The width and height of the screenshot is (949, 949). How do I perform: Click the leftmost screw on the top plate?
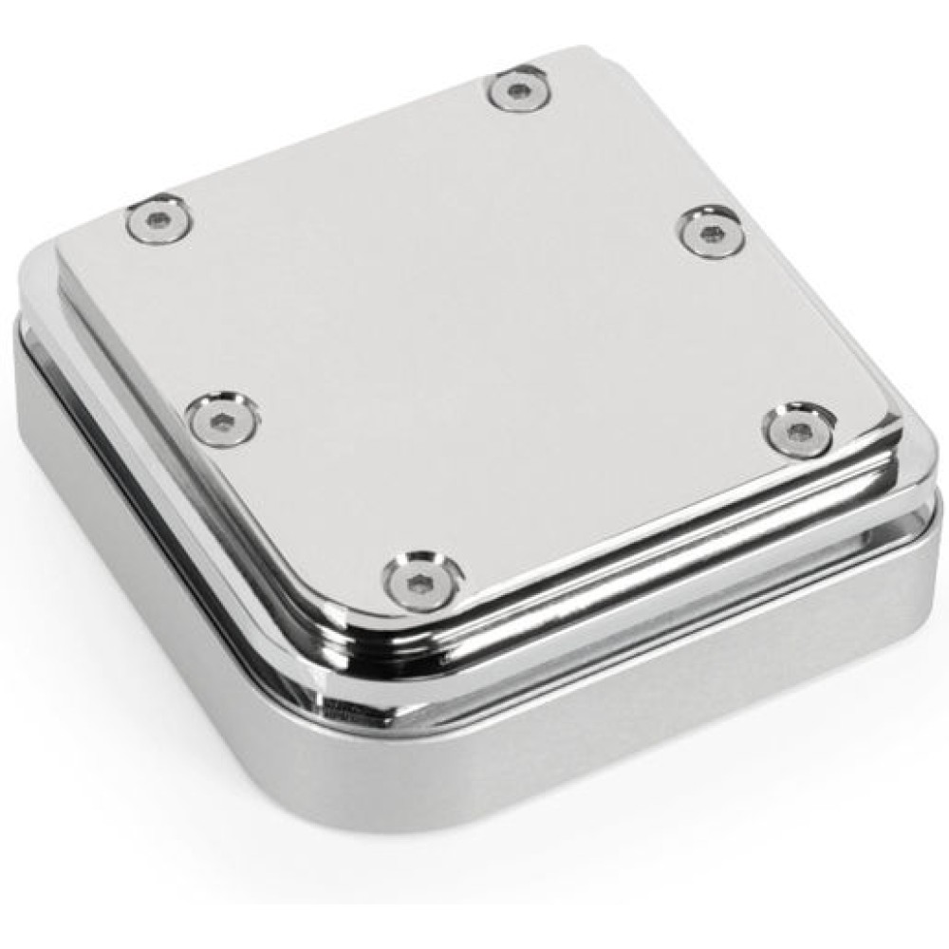pyautogui.click(x=159, y=221)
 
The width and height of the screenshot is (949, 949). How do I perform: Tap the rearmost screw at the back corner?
pyautogui.click(x=519, y=88)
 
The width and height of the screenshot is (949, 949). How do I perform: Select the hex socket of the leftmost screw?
pyautogui.click(x=159, y=221)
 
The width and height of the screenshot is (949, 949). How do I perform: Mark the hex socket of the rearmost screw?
pyautogui.click(x=519, y=88)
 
